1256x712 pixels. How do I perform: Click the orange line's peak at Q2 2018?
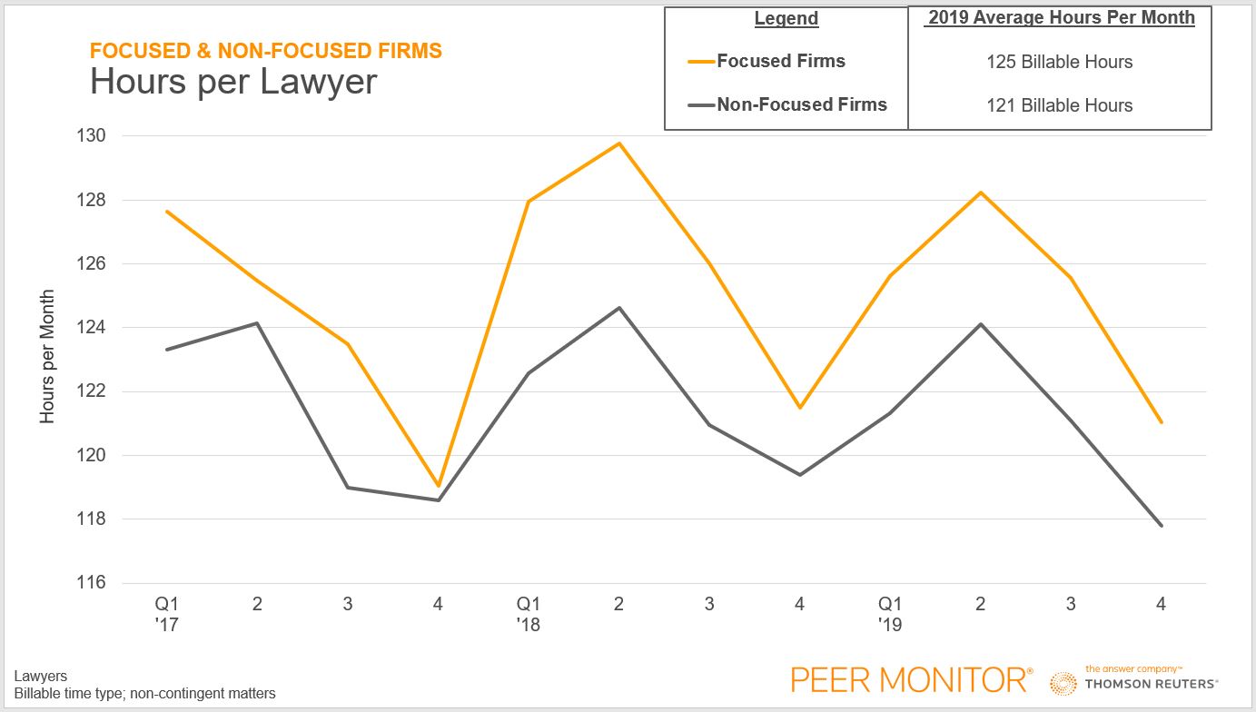[x=618, y=143]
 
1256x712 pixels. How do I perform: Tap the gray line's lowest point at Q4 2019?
[x=1161, y=525]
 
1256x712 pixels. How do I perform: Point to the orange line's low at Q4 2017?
[x=438, y=486]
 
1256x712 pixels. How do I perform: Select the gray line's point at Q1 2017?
[x=167, y=350]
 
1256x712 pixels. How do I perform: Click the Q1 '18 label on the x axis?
[x=528, y=613]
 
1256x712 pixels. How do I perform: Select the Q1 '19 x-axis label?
[x=890, y=613]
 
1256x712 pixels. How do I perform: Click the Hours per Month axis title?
[x=47, y=357]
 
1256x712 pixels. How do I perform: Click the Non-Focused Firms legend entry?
[x=801, y=104]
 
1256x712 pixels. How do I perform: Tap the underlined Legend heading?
[x=786, y=18]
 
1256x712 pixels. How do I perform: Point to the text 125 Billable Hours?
[x=1059, y=62]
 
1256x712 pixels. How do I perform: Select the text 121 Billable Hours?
[x=1059, y=105]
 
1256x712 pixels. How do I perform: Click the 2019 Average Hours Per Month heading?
[x=1061, y=18]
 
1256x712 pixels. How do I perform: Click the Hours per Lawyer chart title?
[x=233, y=82]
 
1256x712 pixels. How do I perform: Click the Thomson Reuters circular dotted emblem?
[x=1063, y=683]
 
